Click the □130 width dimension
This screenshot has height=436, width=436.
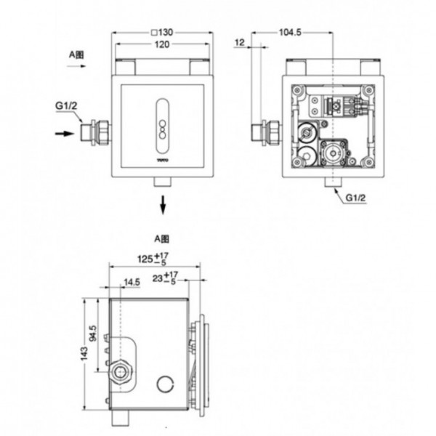pyautogui.click(x=163, y=32)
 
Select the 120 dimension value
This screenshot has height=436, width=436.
pyautogui.click(x=163, y=45)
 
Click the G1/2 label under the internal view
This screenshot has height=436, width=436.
pyautogui.click(x=355, y=198)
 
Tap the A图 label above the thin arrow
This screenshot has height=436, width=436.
pyautogui.click(x=76, y=54)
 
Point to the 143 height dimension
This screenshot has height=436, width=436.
pyautogui.click(x=85, y=353)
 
